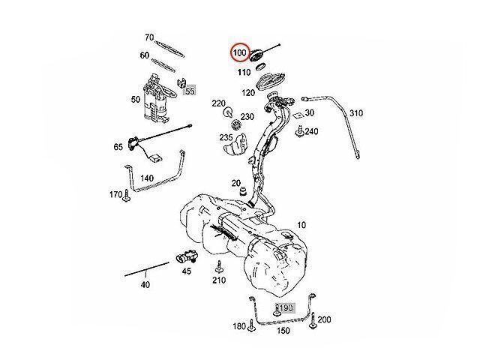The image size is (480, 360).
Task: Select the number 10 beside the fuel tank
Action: [x=301, y=224]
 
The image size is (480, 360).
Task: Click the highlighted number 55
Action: [x=190, y=91]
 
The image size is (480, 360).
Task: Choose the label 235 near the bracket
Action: [x=226, y=138]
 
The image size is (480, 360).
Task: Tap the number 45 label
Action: [x=187, y=271]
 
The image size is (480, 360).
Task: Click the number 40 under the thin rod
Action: [x=145, y=284]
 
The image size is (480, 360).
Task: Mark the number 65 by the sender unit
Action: [x=118, y=148]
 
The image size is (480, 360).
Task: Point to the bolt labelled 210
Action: [x=218, y=268]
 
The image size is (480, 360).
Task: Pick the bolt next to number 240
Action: [x=298, y=133]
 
